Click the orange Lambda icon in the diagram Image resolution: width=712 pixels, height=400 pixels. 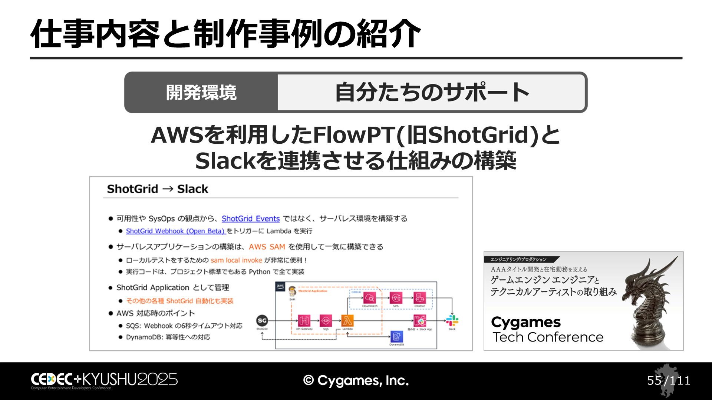pos(347,320)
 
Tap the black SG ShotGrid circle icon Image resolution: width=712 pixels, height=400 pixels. pos(262,321)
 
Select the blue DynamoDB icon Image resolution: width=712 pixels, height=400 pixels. pos(396,337)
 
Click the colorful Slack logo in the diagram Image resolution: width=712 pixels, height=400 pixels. pos(452,320)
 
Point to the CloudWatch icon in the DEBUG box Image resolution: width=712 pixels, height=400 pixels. pos(370,297)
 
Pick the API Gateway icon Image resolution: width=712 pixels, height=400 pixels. pos(304,320)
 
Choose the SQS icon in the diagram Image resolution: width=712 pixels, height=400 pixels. pos(326,320)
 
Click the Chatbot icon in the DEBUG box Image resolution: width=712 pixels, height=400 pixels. pos(419,297)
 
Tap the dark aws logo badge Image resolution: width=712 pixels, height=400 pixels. pos(280,286)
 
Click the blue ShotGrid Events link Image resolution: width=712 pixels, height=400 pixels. pos(250,219)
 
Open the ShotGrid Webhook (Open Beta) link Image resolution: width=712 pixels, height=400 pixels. pos(175,231)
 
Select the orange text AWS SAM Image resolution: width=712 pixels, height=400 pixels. pos(267,247)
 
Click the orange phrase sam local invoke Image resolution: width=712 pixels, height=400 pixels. pos(236,260)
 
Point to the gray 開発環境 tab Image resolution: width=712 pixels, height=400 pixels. pos(201,93)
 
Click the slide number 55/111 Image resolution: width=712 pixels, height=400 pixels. pos(669,380)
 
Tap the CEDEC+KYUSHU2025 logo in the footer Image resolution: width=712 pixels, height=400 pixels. pos(104,380)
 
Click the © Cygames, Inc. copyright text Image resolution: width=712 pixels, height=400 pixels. pos(356,380)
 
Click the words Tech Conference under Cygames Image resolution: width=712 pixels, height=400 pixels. pos(548,337)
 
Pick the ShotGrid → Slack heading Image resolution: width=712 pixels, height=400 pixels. pos(158,189)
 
